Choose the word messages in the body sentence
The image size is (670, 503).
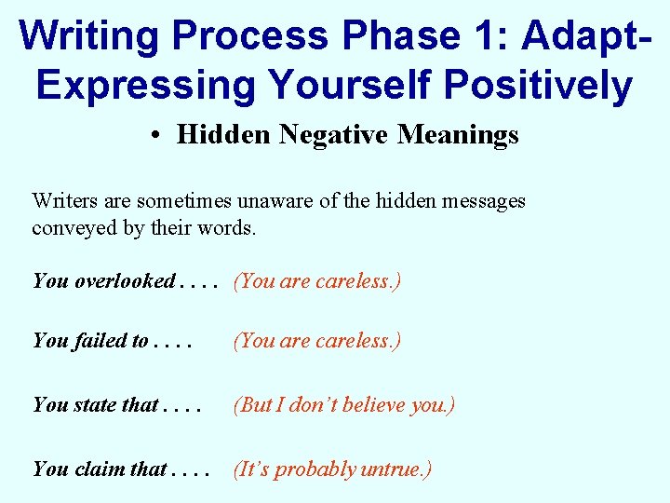[485, 200]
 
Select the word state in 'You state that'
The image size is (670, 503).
[99, 405]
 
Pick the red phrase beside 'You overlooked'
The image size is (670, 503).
[317, 280]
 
